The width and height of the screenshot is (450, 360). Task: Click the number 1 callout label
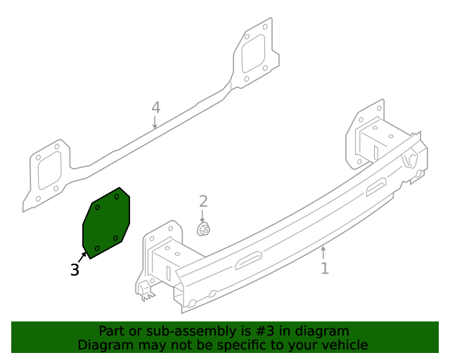[324, 268]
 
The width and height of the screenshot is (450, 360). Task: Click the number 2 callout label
[203, 202]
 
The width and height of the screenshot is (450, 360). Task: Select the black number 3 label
[75, 269]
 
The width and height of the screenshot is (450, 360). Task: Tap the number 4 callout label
[155, 108]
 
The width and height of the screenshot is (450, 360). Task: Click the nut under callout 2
[204, 229]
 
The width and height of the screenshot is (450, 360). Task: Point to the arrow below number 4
[155, 123]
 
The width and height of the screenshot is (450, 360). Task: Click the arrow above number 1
[323, 252]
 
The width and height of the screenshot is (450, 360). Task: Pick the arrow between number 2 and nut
[203, 215]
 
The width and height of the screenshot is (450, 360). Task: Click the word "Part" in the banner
[112, 331]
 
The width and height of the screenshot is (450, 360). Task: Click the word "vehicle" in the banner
[344, 345]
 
